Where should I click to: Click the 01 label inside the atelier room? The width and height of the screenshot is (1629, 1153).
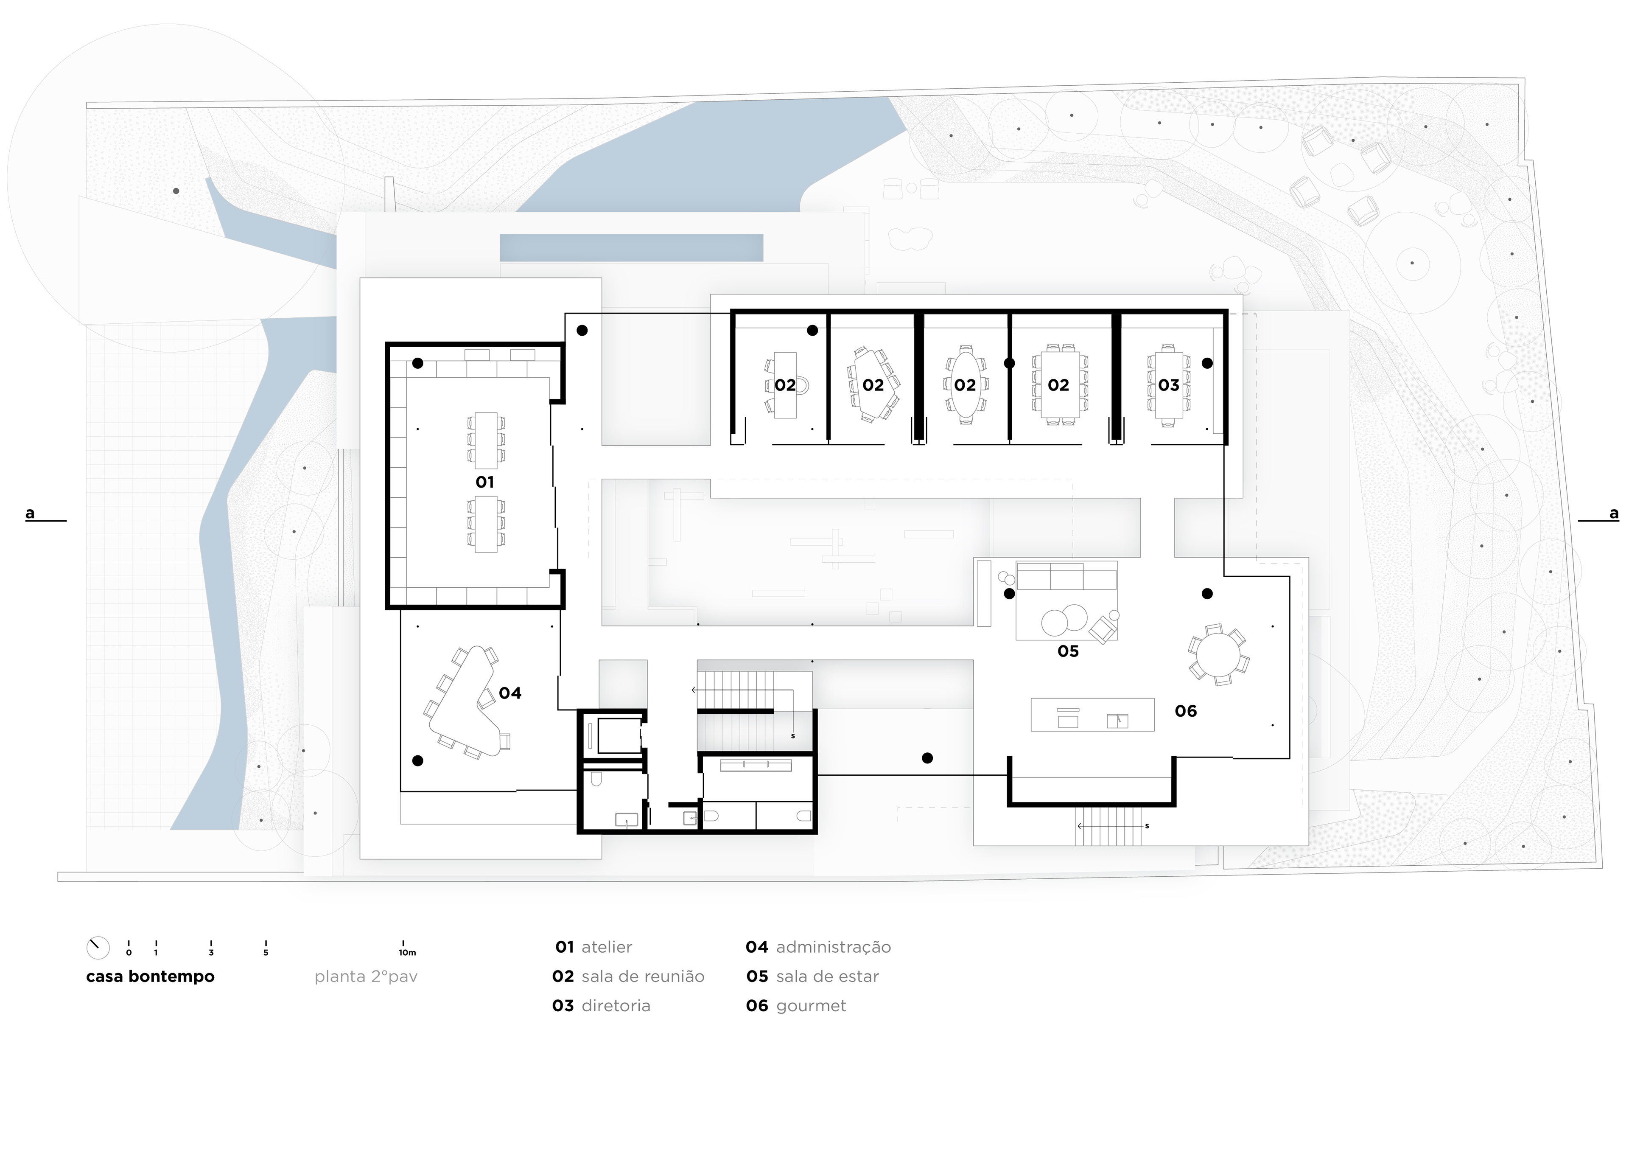tap(485, 482)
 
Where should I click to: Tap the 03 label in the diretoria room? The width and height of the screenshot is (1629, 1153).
tap(1168, 385)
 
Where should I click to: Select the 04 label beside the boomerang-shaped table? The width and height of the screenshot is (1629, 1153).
tap(509, 693)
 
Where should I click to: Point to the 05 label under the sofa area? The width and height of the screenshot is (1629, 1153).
tap(1067, 651)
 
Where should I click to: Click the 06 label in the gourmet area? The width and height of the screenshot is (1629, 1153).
tap(1185, 711)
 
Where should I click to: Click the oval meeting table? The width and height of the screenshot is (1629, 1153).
tap(966, 384)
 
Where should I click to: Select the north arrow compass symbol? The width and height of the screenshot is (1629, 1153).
tap(98, 948)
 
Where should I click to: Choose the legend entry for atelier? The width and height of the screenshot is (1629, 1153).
tap(593, 947)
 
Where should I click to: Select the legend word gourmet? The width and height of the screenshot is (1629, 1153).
tap(811, 1006)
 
